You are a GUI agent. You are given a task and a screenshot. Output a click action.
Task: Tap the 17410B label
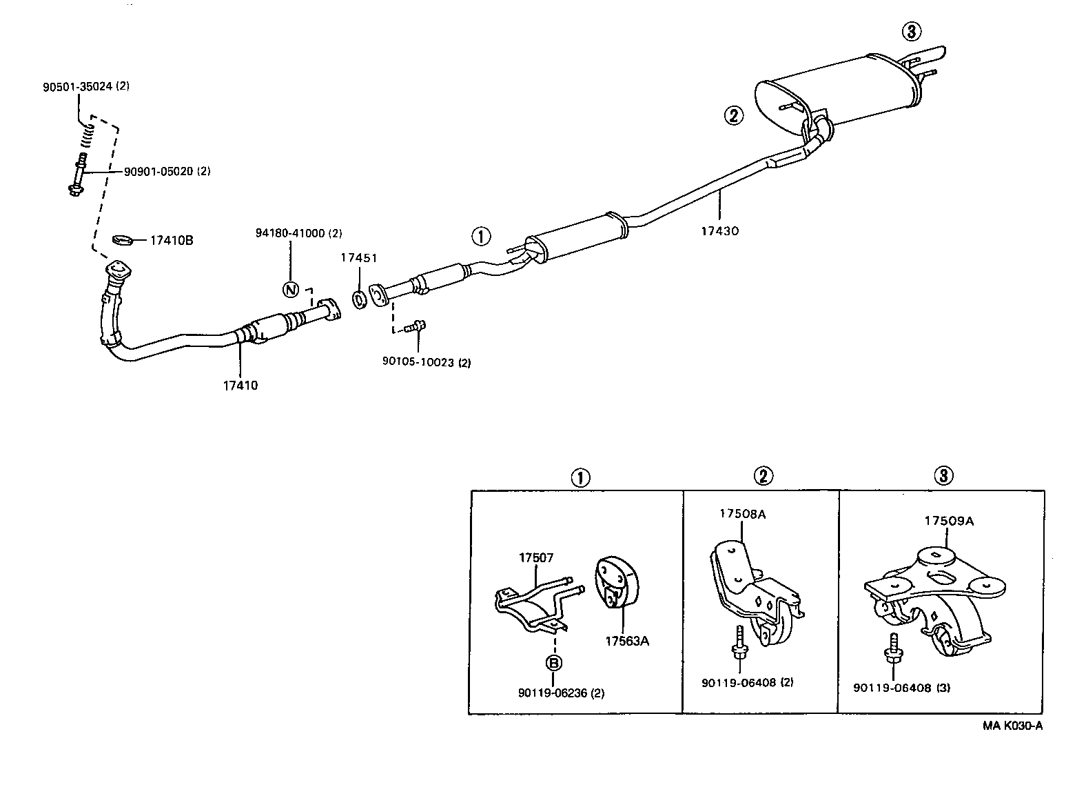pos(172,240)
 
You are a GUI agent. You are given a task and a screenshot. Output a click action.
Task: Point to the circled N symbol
pos(290,289)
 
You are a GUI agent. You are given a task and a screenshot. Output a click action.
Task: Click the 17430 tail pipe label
pos(719,231)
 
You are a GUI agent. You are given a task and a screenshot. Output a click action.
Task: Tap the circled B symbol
pos(553,663)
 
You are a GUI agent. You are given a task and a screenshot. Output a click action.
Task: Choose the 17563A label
pos(627,641)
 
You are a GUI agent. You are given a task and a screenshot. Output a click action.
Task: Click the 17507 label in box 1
pos(536,557)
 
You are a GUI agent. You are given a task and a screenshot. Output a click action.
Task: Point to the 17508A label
pos(741,513)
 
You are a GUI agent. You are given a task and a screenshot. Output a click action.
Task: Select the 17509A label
pos(949,521)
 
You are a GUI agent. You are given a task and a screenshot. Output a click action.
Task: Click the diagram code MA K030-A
pos(1012,725)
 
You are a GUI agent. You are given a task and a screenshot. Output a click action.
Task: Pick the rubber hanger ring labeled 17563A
pos(616,583)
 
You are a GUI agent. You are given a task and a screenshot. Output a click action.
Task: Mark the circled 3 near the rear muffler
pos(911,31)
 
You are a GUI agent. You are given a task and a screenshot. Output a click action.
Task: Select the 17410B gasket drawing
pos(122,240)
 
